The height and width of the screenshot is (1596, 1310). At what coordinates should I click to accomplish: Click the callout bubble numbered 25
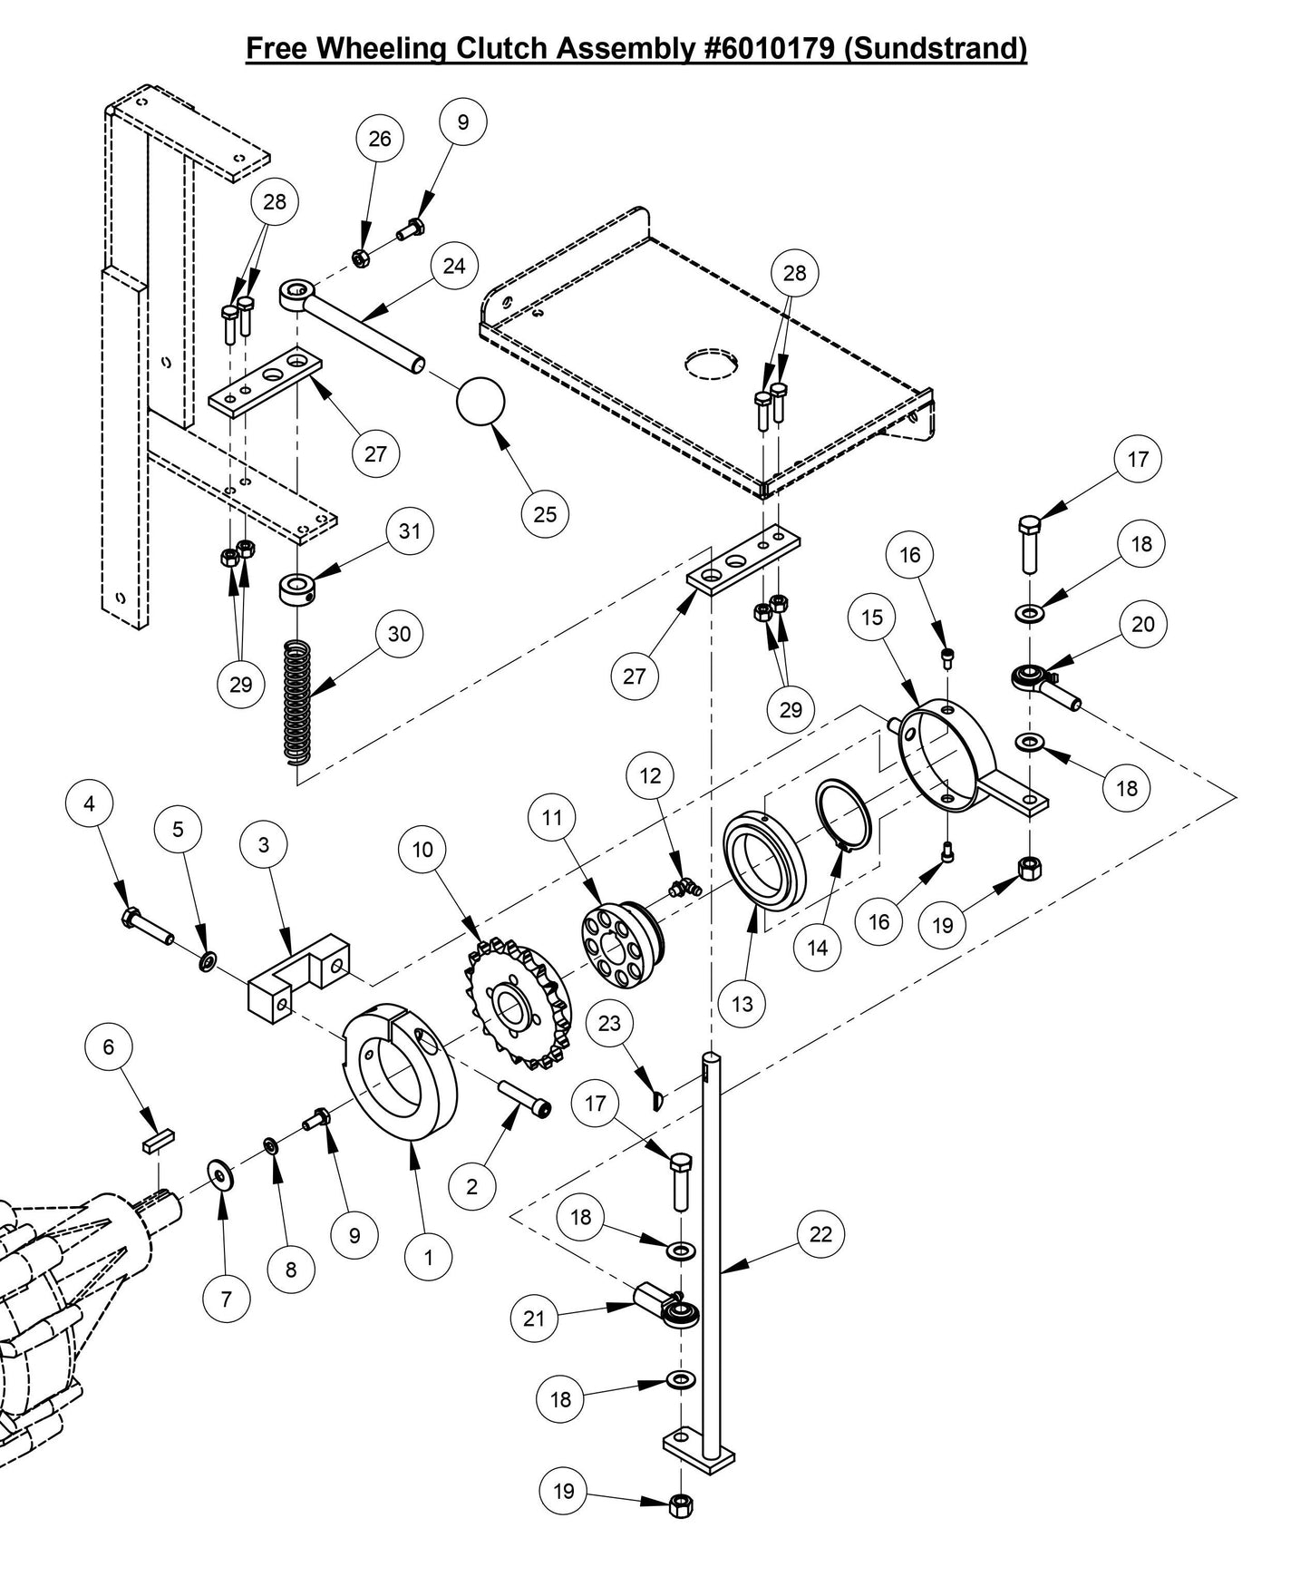pos(545,514)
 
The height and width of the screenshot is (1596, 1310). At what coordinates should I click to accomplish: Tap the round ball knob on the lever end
pos(480,401)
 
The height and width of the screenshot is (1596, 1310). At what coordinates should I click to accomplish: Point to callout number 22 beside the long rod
pos(820,1233)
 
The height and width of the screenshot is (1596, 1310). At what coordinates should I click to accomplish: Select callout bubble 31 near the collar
pos(410,530)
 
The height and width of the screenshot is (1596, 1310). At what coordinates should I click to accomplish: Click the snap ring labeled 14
pos(844,813)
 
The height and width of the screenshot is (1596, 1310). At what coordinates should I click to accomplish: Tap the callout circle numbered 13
pos(742,1004)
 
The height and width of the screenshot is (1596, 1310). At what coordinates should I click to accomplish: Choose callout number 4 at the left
pos(89,803)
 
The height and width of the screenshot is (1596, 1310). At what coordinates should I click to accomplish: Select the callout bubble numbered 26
pos(380,138)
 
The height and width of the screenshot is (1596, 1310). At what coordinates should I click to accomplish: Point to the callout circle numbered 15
pos(871,617)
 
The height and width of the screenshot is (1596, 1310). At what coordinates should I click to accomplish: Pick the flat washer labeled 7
pos(218,1174)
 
